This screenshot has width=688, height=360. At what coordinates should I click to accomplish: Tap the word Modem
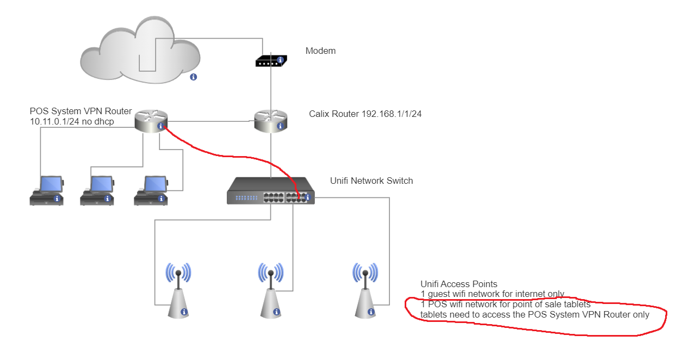(320, 51)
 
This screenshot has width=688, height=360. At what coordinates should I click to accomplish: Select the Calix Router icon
(270, 121)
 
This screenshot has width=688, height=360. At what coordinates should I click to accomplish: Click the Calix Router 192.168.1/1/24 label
(365, 114)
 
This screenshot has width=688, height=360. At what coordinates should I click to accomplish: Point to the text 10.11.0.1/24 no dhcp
(73, 121)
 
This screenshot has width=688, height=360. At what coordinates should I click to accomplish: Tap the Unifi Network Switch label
(371, 181)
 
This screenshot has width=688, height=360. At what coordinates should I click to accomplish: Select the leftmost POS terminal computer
(47, 190)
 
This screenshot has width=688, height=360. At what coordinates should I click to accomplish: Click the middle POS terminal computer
(97, 190)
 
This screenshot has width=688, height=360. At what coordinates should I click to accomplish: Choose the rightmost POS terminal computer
(151, 190)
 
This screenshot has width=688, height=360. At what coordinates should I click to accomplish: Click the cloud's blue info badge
(193, 77)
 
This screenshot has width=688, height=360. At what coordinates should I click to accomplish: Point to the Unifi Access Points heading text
(458, 284)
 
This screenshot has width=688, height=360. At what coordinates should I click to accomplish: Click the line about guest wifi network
(492, 294)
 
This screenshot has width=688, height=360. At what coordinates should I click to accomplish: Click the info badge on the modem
(280, 60)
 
